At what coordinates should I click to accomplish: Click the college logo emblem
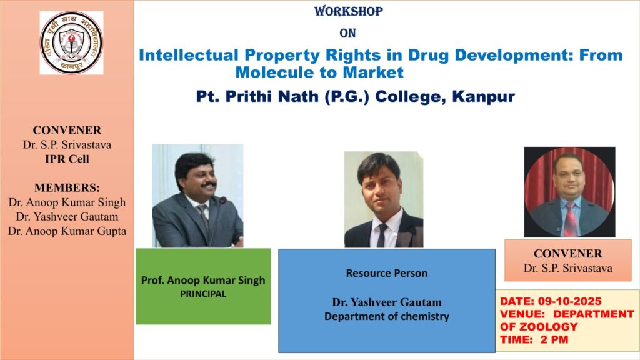tap(71, 43)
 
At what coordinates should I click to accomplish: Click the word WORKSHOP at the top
tap(349, 11)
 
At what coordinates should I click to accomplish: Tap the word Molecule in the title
tap(275, 72)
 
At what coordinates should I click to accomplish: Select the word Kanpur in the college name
tap(483, 97)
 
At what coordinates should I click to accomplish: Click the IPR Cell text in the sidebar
tap(67, 159)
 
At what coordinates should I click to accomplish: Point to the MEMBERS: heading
tap(67, 187)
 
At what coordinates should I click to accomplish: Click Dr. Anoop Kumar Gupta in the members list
tap(67, 231)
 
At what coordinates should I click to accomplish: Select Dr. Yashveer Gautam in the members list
tap(67, 217)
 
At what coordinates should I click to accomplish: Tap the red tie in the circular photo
tap(571, 219)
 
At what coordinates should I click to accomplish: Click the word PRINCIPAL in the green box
tap(203, 294)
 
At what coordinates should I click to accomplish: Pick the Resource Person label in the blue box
tap(386, 273)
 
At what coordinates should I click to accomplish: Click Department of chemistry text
tap(386, 316)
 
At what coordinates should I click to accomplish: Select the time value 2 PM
tap(554, 339)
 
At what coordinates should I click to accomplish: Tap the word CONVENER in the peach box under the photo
tap(567, 254)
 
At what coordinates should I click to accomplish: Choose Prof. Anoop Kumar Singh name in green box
tap(203, 281)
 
